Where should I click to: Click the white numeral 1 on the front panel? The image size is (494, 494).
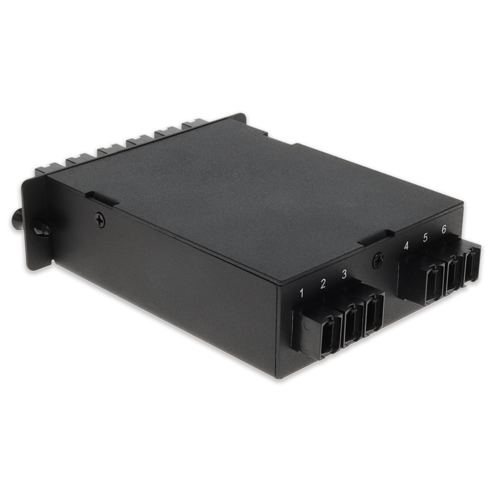click(x=302, y=293)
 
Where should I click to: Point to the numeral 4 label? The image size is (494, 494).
click(x=406, y=246)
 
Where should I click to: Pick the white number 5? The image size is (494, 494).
click(x=425, y=238)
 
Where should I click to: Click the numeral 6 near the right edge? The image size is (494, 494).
click(x=444, y=229)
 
